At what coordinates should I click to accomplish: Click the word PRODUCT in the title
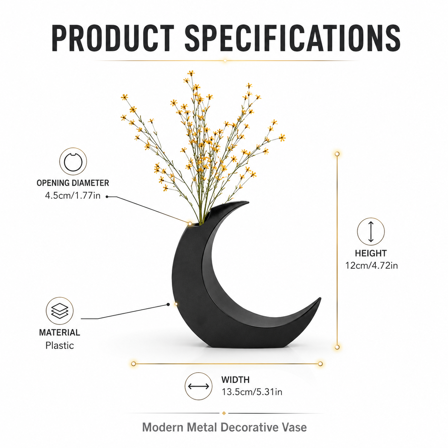113,38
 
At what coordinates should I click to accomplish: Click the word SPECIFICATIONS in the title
293,38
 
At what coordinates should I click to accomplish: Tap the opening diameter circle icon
73,161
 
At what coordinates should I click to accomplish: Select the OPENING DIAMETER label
73,183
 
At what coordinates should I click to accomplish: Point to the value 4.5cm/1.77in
73,195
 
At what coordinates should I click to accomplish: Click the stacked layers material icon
60,310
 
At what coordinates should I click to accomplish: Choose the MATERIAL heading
60,333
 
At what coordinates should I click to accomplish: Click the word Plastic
60,345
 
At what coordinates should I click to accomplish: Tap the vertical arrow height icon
371,232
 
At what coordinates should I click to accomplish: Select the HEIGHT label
371,253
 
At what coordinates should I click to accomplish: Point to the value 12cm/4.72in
371,265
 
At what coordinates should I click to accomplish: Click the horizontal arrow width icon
198,386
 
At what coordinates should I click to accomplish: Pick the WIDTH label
235,380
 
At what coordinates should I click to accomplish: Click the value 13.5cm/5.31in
252,392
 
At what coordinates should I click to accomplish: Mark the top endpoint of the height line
337,154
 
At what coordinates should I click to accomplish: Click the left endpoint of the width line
134,364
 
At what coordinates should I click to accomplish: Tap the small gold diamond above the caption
224,413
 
